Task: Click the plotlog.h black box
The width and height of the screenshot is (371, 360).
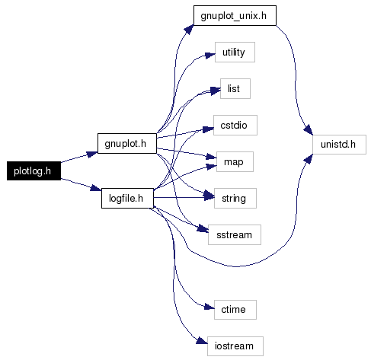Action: (x=34, y=170)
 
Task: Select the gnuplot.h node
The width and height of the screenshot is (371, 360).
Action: (x=127, y=143)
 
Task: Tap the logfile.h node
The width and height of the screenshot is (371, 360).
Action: (x=127, y=198)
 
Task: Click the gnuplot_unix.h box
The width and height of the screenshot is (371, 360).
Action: (x=235, y=15)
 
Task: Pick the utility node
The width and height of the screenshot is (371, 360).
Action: (x=235, y=52)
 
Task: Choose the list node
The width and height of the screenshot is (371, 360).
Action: (x=235, y=88)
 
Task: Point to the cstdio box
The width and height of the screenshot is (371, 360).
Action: (x=235, y=125)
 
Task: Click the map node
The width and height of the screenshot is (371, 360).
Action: (x=235, y=161)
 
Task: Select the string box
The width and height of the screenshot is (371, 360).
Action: (x=235, y=198)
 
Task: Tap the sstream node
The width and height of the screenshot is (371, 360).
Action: (x=235, y=234)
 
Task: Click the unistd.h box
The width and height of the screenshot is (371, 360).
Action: (x=339, y=145)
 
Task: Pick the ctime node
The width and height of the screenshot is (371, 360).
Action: (x=235, y=310)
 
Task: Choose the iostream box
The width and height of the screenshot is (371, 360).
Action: (x=235, y=346)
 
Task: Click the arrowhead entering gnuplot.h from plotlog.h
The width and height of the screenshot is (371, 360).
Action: (x=92, y=155)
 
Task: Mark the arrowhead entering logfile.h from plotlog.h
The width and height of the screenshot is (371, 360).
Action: (x=96, y=188)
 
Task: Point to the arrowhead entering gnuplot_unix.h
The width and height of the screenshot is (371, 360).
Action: (x=189, y=29)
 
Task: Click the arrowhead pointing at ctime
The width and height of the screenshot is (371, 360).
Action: (x=209, y=307)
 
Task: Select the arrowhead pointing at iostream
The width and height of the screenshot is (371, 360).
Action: (x=202, y=340)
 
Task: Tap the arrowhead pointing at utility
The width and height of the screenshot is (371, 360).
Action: (x=210, y=55)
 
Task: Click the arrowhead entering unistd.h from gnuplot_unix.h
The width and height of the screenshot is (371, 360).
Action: (x=309, y=129)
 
